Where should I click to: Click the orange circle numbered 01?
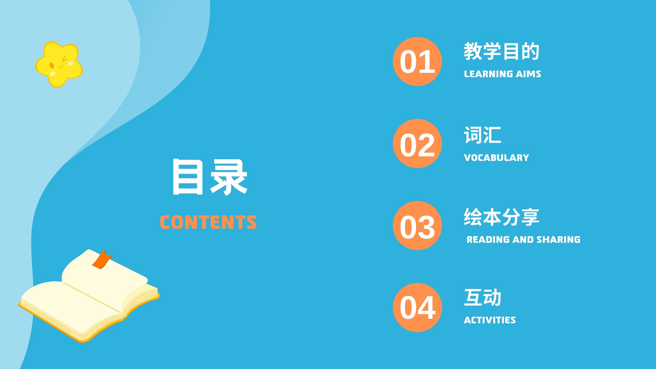coord(417,61)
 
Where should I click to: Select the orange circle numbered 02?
coord(417,143)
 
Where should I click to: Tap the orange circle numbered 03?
coord(417,225)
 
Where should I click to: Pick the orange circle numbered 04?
coord(417,307)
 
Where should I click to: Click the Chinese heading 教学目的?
coord(501,51)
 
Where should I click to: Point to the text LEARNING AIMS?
coord(503,74)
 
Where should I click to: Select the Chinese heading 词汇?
coord(482,135)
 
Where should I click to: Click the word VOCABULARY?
coord(497,157)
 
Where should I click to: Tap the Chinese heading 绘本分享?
coord(501,217)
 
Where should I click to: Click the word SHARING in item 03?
coord(558,239)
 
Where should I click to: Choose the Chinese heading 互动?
coord(482,298)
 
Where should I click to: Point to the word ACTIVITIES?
coord(490,320)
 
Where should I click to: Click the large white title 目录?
coord(210,177)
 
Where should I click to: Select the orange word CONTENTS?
coord(208,222)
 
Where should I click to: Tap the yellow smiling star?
coord(59,64)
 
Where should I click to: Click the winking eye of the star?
coord(65,59)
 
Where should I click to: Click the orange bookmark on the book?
coord(102,260)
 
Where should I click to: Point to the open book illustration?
coord(89,296)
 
